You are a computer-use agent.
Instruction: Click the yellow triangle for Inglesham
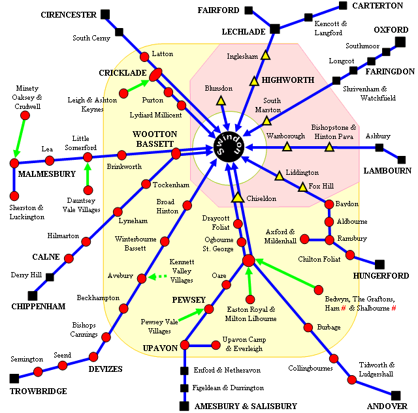coord(265,56)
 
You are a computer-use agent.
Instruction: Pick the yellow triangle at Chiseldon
coord(238,196)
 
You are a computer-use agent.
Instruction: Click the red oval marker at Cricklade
coord(155,76)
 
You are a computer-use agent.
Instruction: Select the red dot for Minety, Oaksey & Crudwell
coord(25,115)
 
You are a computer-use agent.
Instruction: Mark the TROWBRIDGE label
coord(38,391)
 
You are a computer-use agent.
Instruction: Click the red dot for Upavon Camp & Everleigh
coord(216,344)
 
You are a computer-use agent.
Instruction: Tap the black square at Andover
coord(395,395)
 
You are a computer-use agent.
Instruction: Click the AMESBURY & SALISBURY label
coord(246,406)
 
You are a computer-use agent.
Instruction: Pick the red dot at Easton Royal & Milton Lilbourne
coord(249,300)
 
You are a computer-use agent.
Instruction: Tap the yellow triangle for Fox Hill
coord(302,188)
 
